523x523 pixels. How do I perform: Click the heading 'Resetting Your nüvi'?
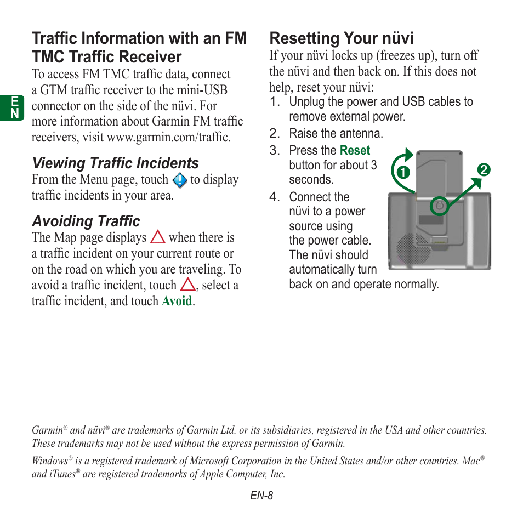(x=341, y=38)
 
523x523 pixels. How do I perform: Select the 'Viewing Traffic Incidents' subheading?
(x=115, y=163)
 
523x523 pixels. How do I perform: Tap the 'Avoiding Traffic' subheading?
(x=86, y=221)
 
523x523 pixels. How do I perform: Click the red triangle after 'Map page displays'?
(x=158, y=237)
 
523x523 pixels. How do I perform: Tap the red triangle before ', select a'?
(x=188, y=285)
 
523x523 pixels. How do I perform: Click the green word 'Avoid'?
(x=177, y=301)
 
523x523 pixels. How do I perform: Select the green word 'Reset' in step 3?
(x=355, y=150)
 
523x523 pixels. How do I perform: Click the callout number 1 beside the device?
(x=404, y=172)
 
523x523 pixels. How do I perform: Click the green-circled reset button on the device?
(x=439, y=207)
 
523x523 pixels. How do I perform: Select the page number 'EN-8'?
(x=261, y=496)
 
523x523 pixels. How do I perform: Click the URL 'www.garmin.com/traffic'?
(x=168, y=137)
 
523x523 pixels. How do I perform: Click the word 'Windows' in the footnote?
(x=49, y=461)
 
